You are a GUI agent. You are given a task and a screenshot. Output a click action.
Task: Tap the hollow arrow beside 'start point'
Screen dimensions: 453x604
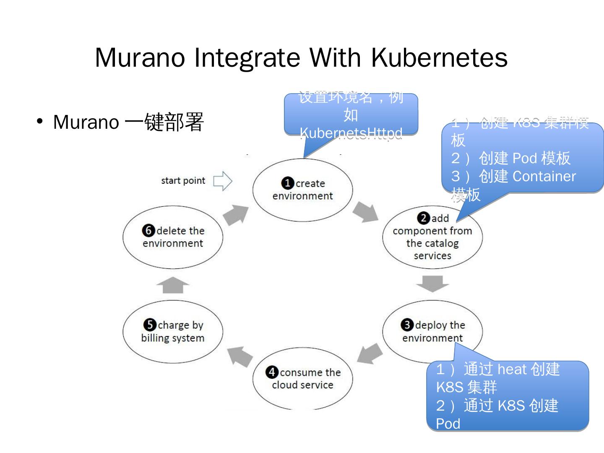pos(222,181)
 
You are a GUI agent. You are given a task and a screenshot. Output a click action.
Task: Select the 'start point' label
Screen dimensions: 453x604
pos(183,181)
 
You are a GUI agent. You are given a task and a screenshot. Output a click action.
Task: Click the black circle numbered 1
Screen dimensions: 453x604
pos(287,183)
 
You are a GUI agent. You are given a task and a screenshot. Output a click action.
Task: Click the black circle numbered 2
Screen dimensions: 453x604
pos(423,218)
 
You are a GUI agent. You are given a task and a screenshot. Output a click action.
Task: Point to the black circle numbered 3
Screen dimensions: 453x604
pos(407,325)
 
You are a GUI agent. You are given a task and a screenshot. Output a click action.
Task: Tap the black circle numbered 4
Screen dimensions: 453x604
pos(272,372)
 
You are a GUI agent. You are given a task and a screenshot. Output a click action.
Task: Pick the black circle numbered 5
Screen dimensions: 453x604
pos(149,325)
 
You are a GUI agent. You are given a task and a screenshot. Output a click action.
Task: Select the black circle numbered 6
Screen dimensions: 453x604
pos(148,231)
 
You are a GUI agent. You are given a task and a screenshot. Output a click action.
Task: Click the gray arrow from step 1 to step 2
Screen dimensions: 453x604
pos(365,212)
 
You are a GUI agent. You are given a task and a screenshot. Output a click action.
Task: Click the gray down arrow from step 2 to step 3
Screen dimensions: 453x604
pos(432,284)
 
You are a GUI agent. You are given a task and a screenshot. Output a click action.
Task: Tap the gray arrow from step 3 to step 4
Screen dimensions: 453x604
pos(370,353)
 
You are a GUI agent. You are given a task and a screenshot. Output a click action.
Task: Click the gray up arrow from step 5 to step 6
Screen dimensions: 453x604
pos(173,285)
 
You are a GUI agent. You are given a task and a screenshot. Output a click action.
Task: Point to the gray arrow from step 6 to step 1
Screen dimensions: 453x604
pos(235,215)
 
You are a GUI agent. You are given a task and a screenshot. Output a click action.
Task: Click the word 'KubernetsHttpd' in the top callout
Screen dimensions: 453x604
pos(351,133)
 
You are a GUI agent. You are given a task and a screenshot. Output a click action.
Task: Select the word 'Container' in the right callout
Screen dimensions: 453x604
pos(544,177)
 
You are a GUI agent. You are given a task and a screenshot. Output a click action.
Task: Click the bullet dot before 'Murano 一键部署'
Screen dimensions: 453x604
pos(40,122)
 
